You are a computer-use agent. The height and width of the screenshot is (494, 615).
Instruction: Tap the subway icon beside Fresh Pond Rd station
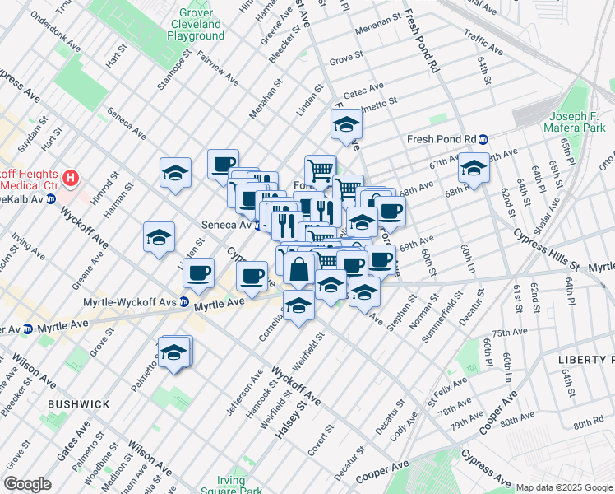484,139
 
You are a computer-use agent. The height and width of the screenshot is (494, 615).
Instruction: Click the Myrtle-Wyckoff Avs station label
130,302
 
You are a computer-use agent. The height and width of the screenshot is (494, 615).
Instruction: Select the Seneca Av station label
225,225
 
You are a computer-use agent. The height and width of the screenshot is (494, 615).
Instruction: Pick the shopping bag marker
301,268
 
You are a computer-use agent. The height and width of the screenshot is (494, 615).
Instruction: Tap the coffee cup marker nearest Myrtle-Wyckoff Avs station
197,273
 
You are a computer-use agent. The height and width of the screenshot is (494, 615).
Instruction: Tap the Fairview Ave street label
218,66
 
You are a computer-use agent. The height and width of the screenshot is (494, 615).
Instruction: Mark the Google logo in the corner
27,483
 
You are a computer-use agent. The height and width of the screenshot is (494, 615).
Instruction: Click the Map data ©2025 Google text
564,487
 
